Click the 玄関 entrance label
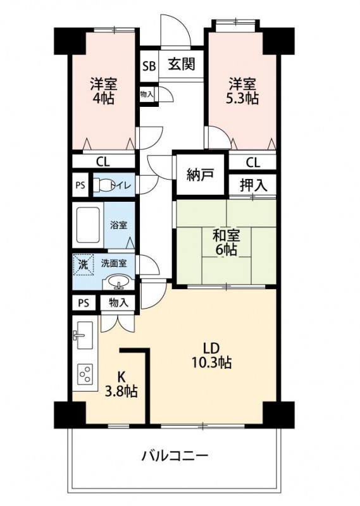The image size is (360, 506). click(x=182, y=65)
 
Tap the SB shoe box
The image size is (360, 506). click(x=149, y=66)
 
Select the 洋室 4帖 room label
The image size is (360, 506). click(x=103, y=91)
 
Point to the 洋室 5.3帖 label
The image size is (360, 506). click(x=242, y=91)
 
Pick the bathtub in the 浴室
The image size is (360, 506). click(x=88, y=225)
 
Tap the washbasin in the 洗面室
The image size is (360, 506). click(x=120, y=281)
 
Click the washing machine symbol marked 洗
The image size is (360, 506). click(x=84, y=264)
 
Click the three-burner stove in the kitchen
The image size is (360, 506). click(x=85, y=374)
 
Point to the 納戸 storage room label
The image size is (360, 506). click(x=200, y=175)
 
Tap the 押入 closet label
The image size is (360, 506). click(x=254, y=185)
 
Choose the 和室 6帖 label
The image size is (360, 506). click(x=226, y=242)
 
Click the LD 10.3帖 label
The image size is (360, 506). click(x=211, y=355)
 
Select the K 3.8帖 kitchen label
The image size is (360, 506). click(x=121, y=384)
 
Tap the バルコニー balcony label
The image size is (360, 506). click(x=175, y=455)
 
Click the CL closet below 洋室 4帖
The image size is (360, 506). click(x=103, y=161)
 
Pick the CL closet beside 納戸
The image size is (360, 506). click(x=253, y=162)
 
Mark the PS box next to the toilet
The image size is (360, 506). click(x=80, y=185)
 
